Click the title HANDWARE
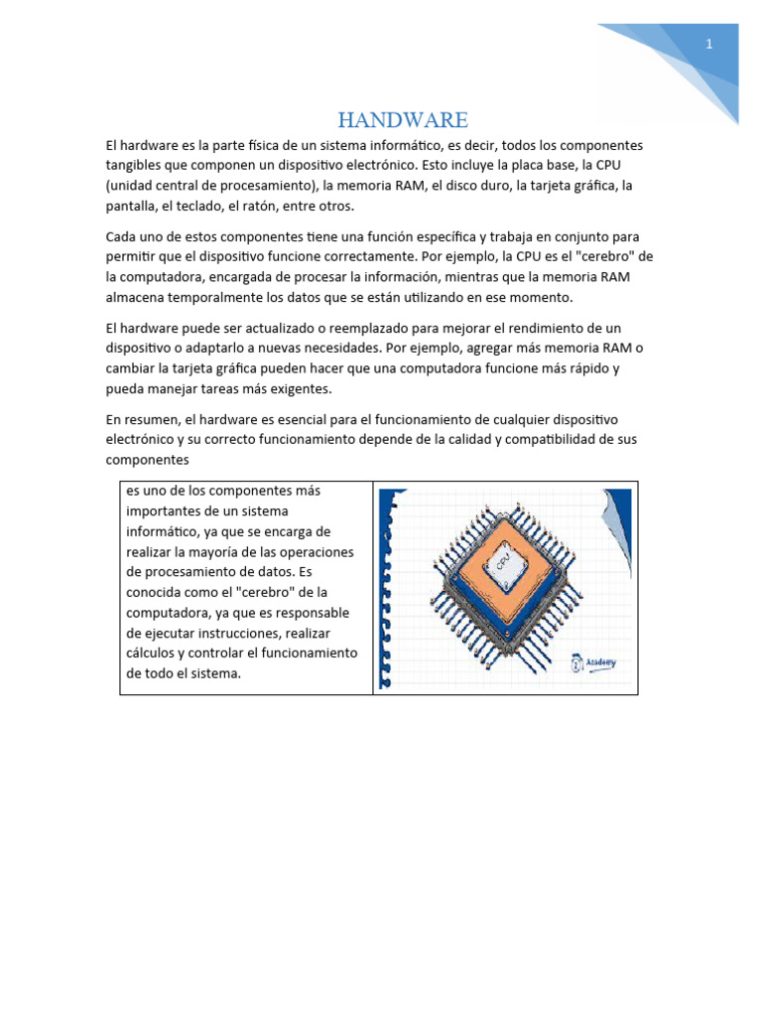click(402, 120)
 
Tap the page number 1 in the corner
click(709, 44)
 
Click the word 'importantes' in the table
click(165, 510)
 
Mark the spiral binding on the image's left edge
click(387, 591)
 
